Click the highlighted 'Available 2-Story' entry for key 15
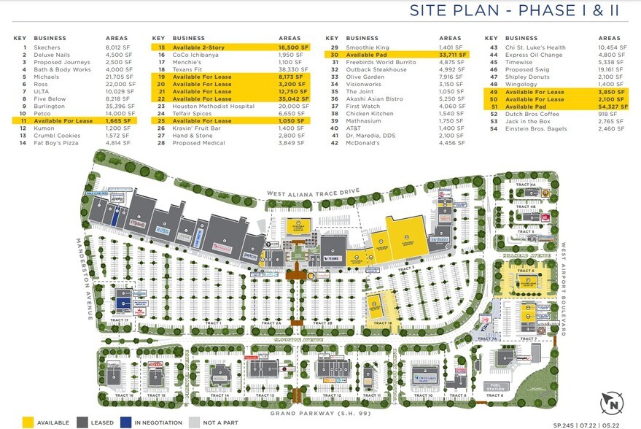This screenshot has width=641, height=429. [x=198, y=47]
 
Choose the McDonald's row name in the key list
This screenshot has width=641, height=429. [x=363, y=143]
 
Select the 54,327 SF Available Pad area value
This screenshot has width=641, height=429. [x=610, y=106]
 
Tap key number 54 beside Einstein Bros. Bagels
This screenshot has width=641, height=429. [x=494, y=128]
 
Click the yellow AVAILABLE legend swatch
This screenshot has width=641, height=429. [x=28, y=421]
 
